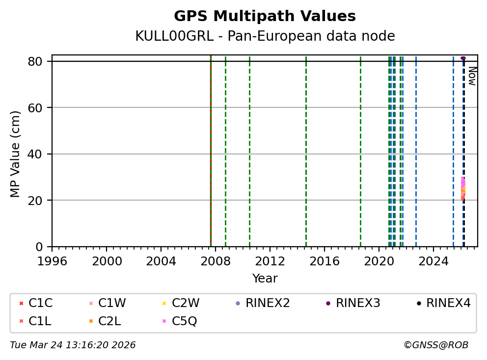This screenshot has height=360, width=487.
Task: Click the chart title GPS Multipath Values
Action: pos(265,16)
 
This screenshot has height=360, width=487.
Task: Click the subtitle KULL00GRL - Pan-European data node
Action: pos(265,36)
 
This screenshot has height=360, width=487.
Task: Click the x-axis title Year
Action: pos(265,279)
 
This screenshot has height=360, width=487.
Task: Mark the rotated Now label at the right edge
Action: pos(472,76)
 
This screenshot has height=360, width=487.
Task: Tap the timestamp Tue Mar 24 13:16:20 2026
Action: pos(73,345)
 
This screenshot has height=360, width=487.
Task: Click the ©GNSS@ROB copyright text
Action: pos(436,345)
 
